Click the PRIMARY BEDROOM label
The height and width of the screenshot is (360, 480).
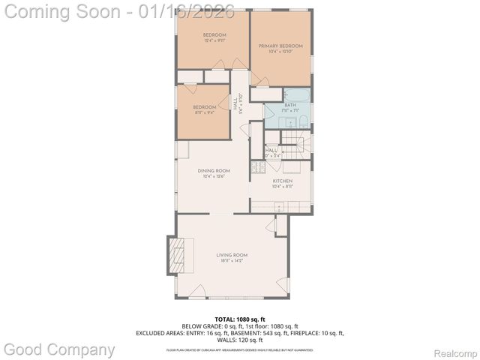click(x=280, y=46)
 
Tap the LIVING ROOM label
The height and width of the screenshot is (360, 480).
click(x=232, y=255)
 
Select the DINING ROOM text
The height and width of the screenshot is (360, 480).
click(x=214, y=171)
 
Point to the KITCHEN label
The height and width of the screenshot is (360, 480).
click(x=282, y=181)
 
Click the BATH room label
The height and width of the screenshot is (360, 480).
click(x=289, y=105)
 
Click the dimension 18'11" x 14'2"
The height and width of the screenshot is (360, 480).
click(x=232, y=262)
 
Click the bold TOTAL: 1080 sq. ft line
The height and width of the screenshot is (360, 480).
click(x=240, y=319)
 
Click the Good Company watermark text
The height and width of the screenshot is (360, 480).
click(x=60, y=349)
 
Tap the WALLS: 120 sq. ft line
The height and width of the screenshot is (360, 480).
click(x=240, y=340)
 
